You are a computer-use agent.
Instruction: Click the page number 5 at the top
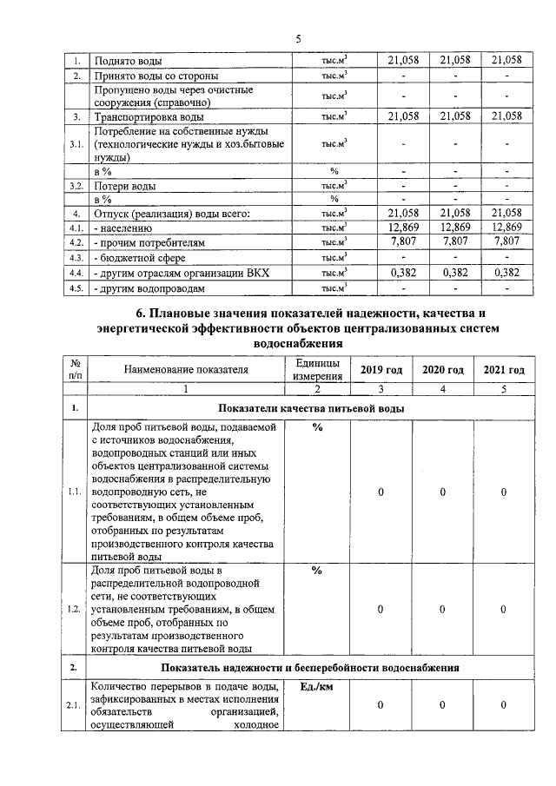tap(298, 39)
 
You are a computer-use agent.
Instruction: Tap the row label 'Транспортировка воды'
tap(149, 116)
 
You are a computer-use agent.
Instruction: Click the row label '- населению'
tap(128, 228)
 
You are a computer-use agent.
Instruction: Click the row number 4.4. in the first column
tap(76, 273)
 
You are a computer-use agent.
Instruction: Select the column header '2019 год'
tap(381, 370)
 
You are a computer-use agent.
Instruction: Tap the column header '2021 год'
tap(504, 370)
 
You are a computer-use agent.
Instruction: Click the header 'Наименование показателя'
tap(186, 370)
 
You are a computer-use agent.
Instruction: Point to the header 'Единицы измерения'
tap(317, 370)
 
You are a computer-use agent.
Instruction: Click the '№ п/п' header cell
tap(76, 370)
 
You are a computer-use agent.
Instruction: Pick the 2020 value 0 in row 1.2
tap(442, 609)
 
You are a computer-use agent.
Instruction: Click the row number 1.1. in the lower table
tap(76, 492)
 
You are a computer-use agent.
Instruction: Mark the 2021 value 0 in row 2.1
tap(504, 705)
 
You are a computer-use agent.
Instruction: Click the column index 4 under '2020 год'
tap(442, 389)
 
